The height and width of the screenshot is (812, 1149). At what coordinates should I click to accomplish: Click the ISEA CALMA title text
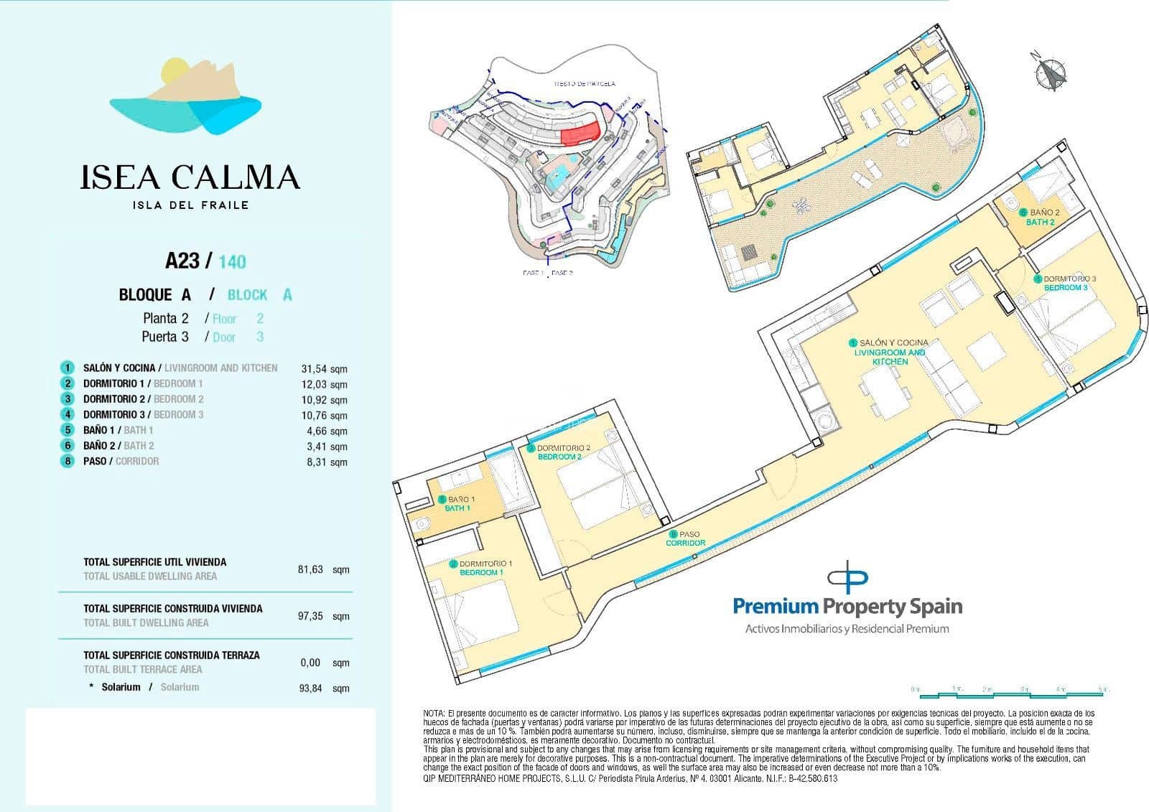tap(190, 177)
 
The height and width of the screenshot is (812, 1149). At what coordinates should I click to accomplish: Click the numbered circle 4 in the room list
tap(68, 414)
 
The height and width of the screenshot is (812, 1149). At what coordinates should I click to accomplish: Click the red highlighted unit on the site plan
tap(579, 134)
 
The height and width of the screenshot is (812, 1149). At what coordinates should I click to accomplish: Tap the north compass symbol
tap(1051, 73)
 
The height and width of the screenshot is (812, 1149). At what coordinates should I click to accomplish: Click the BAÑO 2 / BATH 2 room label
tap(1040, 218)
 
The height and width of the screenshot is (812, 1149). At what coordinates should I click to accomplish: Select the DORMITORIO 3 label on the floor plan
tap(1066, 283)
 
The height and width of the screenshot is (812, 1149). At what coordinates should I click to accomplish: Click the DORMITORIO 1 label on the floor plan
tap(481, 568)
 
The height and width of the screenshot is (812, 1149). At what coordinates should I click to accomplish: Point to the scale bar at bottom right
tap(1009, 693)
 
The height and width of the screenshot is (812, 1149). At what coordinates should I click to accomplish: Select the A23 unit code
tap(182, 260)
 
